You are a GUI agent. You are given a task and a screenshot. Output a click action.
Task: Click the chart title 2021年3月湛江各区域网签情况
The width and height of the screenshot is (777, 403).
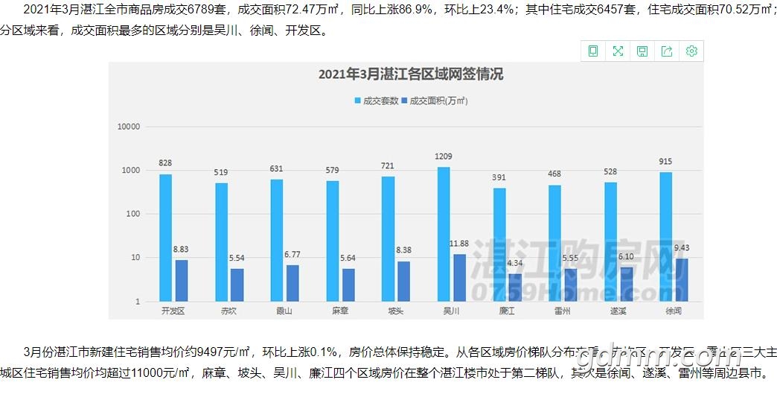(x=410, y=74)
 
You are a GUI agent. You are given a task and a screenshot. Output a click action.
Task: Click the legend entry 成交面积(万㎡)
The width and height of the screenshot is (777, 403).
(x=435, y=101)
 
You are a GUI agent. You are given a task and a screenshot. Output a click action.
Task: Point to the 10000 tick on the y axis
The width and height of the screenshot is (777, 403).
(x=129, y=127)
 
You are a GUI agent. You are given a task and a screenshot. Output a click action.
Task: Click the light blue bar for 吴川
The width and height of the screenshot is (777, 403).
(x=444, y=234)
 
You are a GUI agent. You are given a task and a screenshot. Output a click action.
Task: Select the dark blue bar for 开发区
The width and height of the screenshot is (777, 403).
(x=182, y=280)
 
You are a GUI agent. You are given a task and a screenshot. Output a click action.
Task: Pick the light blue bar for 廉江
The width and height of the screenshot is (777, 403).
(x=499, y=244)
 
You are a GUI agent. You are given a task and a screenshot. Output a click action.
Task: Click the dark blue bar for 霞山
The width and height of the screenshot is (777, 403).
(x=292, y=283)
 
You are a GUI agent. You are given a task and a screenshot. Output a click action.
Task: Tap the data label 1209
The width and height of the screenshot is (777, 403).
(x=444, y=156)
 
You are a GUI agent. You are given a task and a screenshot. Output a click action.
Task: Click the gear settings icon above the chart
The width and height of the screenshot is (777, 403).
(x=691, y=51)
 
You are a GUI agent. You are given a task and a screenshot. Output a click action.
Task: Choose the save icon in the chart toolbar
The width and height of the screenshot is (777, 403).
(x=642, y=51)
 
